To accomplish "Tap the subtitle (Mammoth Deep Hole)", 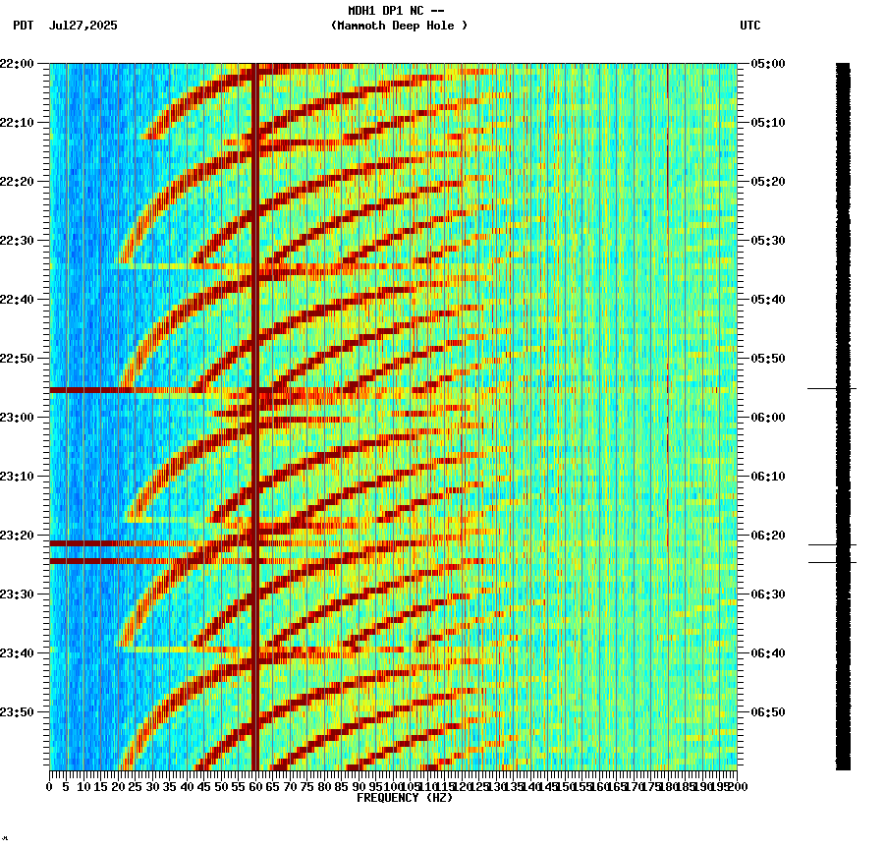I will point(399,26).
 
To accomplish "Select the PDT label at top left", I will point(23,26).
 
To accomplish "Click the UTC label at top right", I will point(749,26).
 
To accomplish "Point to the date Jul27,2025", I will point(83,26).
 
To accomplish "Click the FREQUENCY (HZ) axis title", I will point(404,798).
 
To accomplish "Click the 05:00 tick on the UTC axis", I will point(767,64).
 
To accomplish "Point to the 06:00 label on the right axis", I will point(767,418).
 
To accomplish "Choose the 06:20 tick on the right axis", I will point(767,536).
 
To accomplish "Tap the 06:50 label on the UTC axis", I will point(767,712).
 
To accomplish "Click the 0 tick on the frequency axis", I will point(50,786).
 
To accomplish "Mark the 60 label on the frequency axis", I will point(255,786).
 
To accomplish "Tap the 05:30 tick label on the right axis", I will point(767,241).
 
